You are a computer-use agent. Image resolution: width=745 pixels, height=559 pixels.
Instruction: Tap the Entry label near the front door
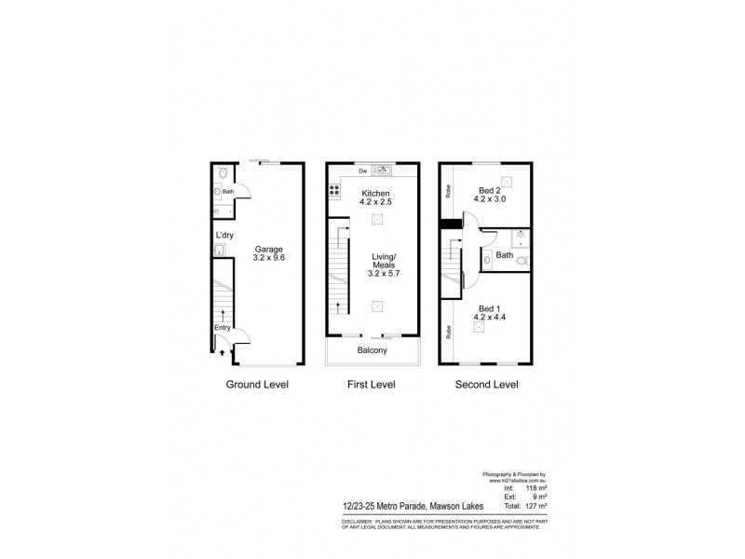click(x=222, y=327)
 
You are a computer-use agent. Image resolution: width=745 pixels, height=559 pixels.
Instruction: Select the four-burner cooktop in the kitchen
click(x=332, y=191)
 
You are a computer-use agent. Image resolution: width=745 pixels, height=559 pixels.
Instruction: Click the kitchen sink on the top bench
click(x=382, y=170)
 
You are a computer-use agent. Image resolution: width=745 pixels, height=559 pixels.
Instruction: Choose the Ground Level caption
click(x=256, y=384)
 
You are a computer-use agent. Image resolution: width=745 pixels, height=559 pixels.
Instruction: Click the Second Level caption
click(x=486, y=384)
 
